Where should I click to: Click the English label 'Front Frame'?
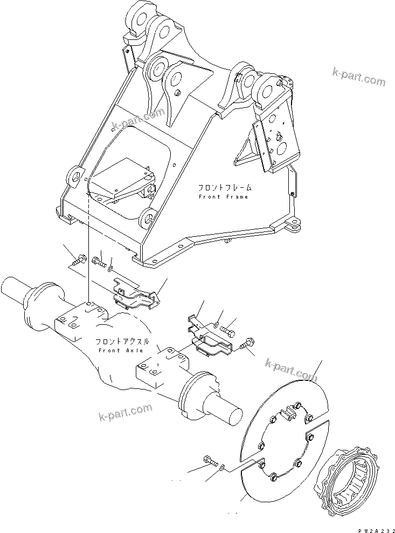[223, 197]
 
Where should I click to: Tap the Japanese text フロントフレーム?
[224, 188]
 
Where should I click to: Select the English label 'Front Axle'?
[120, 351]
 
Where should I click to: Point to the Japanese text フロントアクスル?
[121, 342]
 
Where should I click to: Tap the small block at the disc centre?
[288, 413]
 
